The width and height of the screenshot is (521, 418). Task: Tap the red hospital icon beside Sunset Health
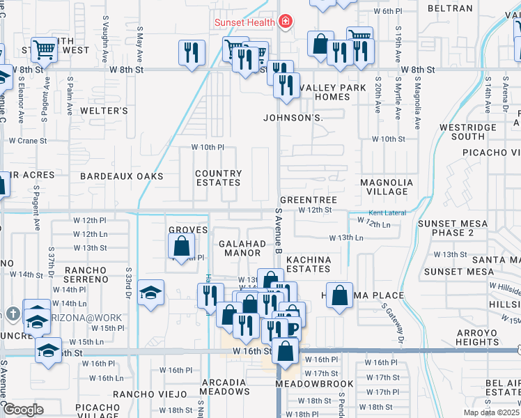point(284,22)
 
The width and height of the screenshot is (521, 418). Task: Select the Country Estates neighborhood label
point(218,178)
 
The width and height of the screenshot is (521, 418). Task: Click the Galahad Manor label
point(242,249)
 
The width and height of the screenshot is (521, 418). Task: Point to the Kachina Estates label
point(307,264)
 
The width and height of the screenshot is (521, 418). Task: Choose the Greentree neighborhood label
point(309,200)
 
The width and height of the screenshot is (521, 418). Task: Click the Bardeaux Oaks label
point(121,176)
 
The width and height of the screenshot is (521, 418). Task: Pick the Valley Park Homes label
point(323,92)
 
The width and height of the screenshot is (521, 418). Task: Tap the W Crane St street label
point(27,140)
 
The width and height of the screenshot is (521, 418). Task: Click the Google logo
point(23,410)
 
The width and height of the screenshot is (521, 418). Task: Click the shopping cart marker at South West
point(44,49)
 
